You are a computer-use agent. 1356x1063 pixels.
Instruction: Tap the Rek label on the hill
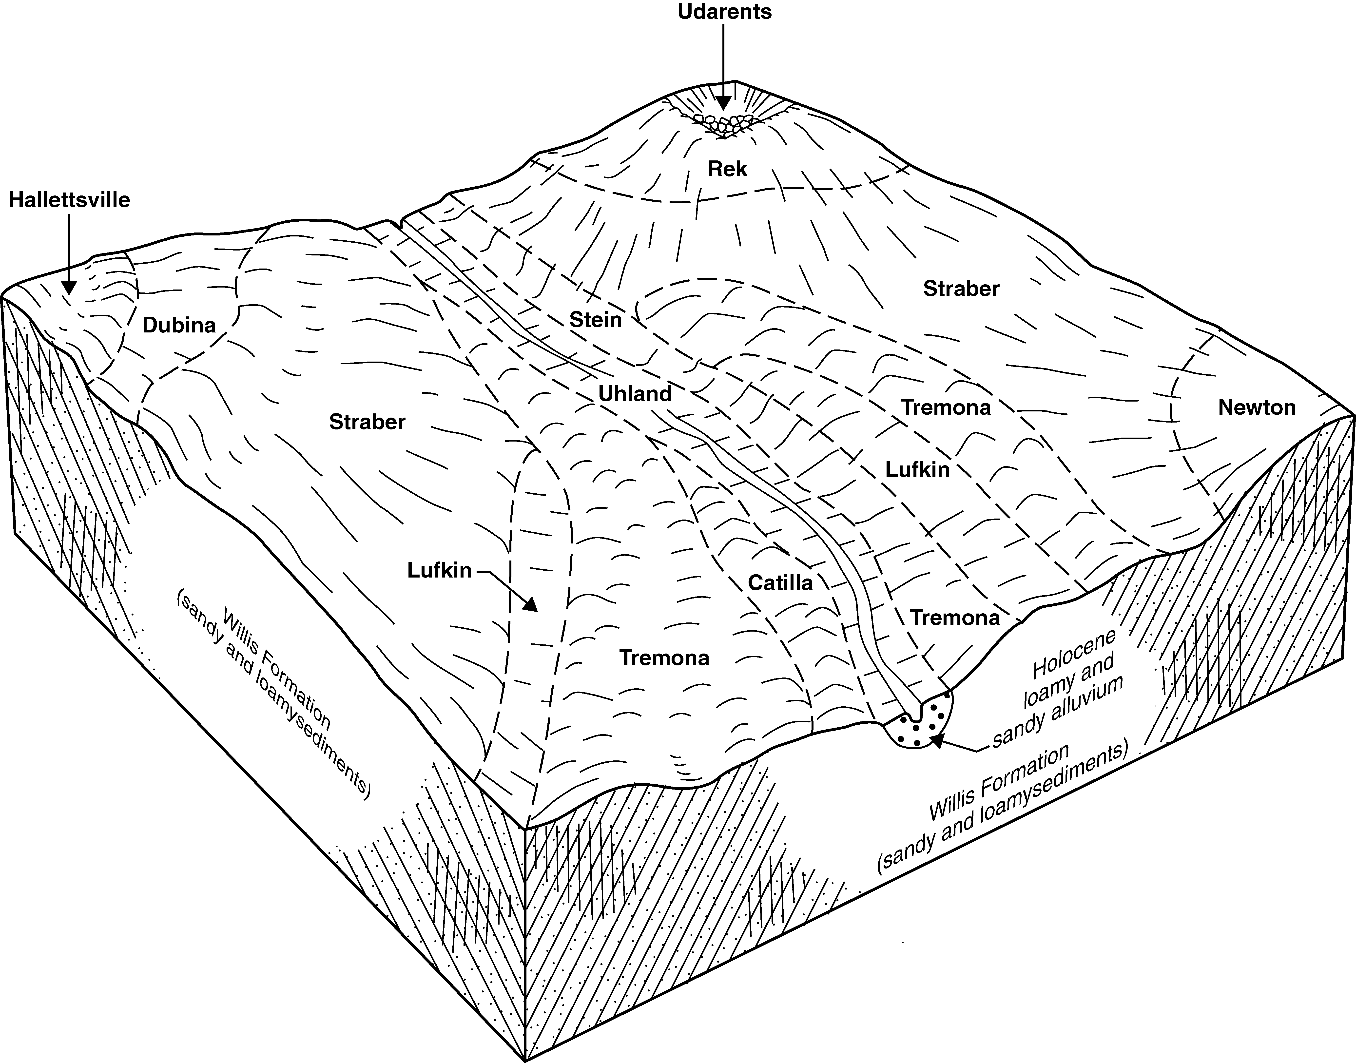[x=727, y=169]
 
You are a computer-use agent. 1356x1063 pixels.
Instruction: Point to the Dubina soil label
[x=179, y=325]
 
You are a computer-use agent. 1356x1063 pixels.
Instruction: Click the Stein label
[x=596, y=320]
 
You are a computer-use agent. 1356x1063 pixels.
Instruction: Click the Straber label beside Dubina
[x=367, y=422]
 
